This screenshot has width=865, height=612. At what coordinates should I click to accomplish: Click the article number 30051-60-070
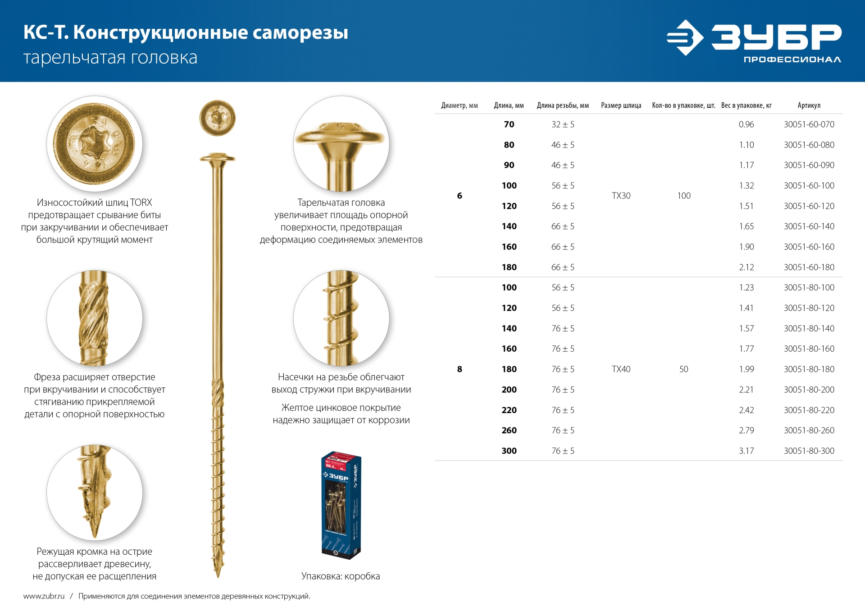tap(809, 124)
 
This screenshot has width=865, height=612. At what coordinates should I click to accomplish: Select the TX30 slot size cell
tap(621, 196)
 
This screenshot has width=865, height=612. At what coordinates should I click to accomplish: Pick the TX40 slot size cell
tap(621, 369)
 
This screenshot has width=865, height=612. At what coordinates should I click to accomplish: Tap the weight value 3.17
tap(746, 451)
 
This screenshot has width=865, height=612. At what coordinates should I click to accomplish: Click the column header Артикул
tap(809, 106)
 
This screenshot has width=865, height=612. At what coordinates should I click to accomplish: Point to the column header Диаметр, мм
tap(459, 106)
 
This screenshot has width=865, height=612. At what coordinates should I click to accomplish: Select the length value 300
tap(509, 451)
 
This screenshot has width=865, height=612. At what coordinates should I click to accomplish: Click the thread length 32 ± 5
tap(563, 124)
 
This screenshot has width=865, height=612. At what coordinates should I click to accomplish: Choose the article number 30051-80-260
tap(809, 431)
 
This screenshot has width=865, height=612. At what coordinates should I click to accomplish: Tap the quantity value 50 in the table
tap(683, 369)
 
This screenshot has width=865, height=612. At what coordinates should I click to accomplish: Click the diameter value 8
tap(460, 369)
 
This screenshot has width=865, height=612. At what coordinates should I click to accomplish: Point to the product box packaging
tap(341, 505)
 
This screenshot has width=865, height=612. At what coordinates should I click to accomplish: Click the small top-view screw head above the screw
tap(218, 118)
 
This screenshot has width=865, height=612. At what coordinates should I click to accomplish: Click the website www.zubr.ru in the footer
tap(44, 596)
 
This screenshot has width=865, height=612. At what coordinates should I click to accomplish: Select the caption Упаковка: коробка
tap(341, 576)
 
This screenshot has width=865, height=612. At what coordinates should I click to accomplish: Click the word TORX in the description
tap(141, 202)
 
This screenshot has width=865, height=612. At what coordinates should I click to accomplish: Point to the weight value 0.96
tap(746, 124)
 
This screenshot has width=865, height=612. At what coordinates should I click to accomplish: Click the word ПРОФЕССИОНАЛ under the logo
tap(792, 60)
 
